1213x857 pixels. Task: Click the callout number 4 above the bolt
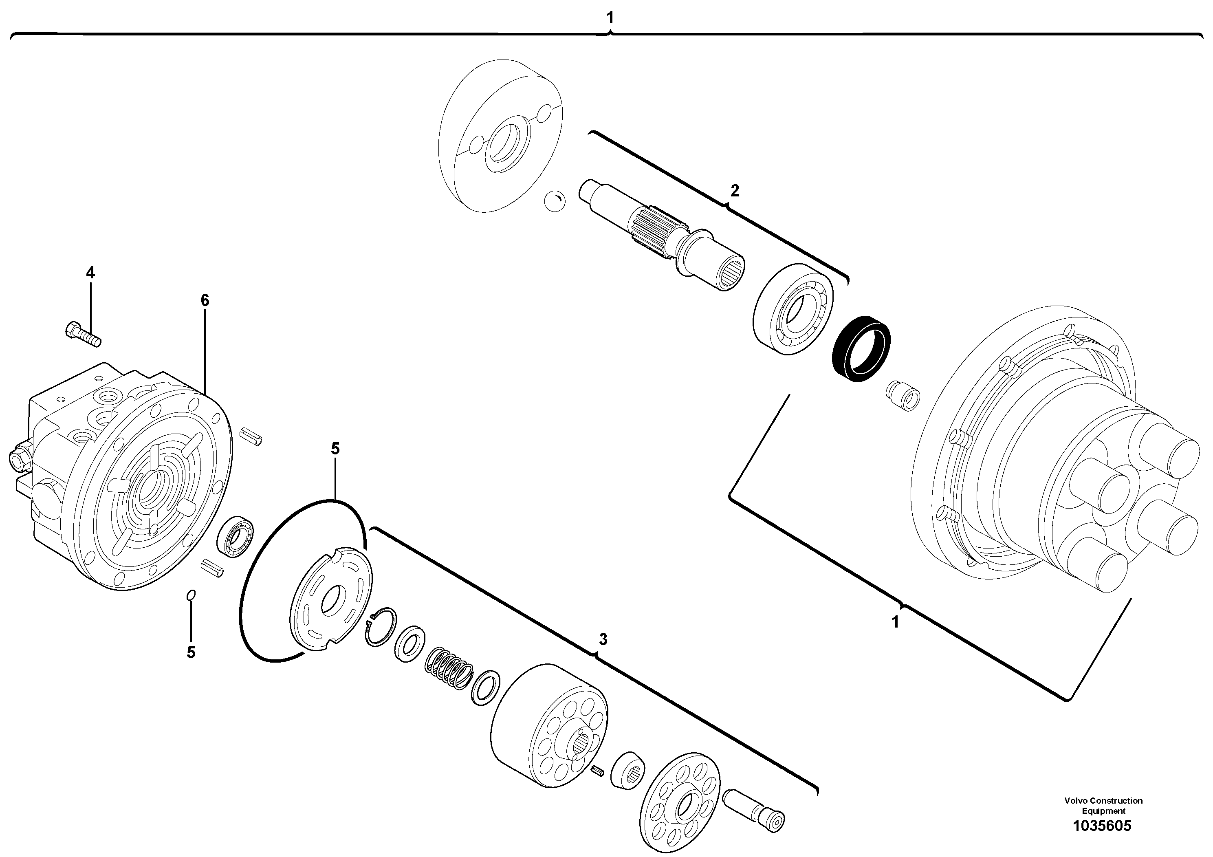[x=90, y=273]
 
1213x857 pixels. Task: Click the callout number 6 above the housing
[x=205, y=301]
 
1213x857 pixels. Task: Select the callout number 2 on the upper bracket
[x=734, y=191]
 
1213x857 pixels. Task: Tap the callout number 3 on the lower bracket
[x=603, y=639]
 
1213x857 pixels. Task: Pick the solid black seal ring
[x=861, y=349]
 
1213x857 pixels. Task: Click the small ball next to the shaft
[x=554, y=202]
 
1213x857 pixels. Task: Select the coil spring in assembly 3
[x=449, y=670]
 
